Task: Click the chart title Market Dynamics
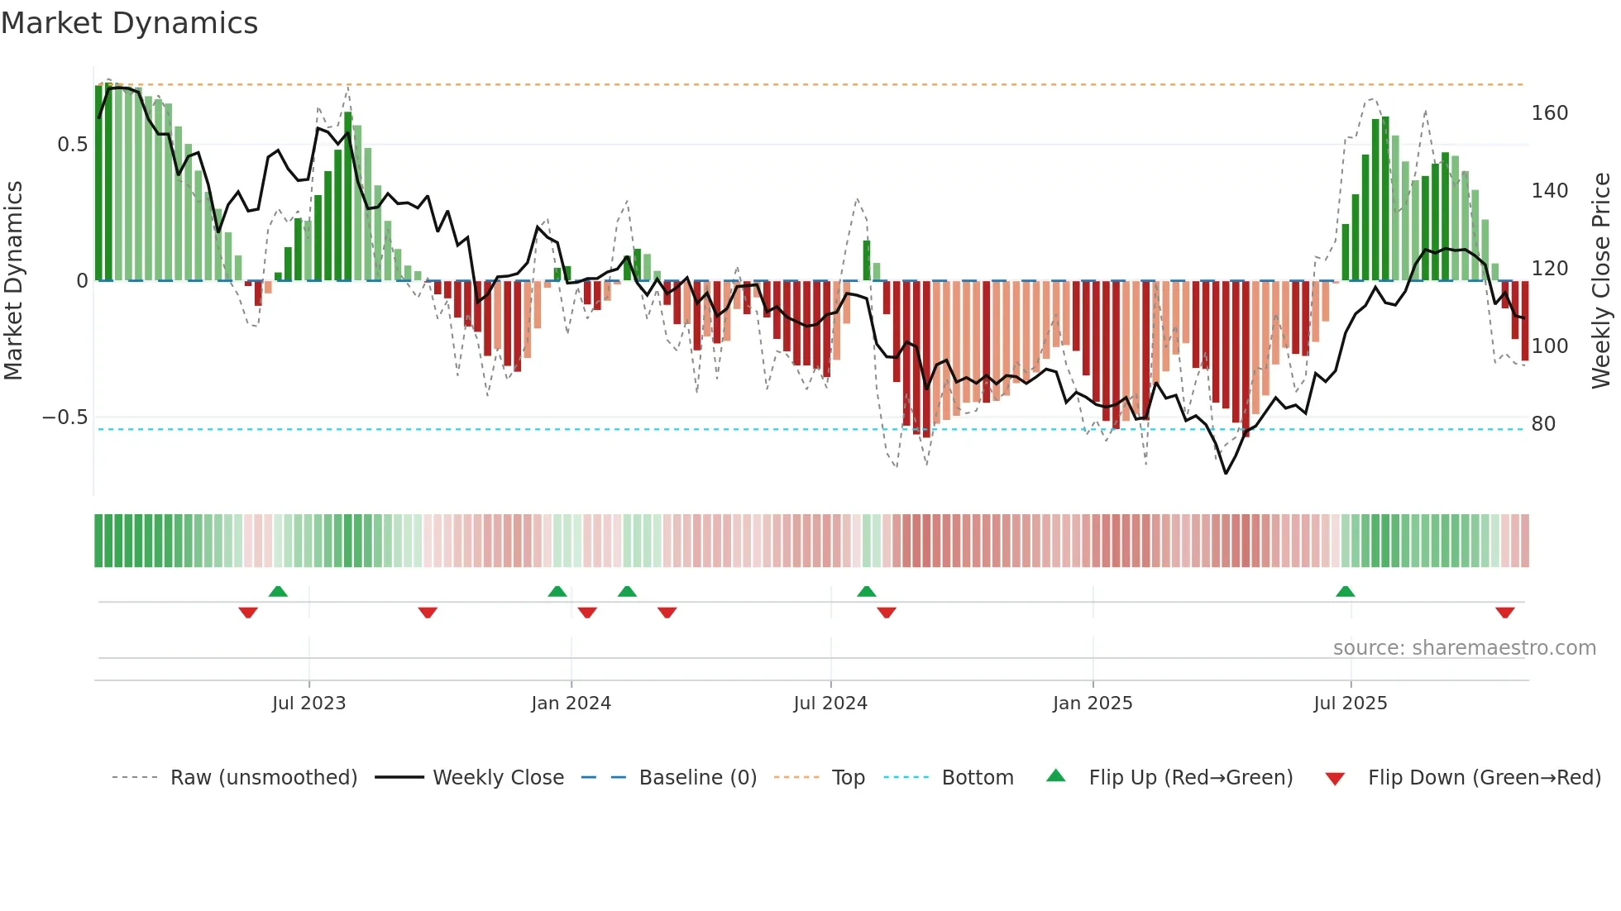click(x=130, y=23)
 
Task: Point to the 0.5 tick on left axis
click(x=72, y=145)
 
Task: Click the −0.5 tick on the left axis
click(x=65, y=417)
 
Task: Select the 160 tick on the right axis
click(x=1549, y=113)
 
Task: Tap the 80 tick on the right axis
click(x=1543, y=424)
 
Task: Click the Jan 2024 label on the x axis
click(x=571, y=704)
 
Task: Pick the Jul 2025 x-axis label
click(x=1350, y=704)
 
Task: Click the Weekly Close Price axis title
click(x=1601, y=281)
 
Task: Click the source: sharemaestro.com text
click(x=1464, y=648)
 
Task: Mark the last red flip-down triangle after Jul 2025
click(x=1504, y=613)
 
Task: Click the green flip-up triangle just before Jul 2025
click(x=1345, y=592)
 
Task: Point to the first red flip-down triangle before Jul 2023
click(x=247, y=613)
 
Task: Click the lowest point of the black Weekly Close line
click(x=1226, y=473)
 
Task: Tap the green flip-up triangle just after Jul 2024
click(x=866, y=592)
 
